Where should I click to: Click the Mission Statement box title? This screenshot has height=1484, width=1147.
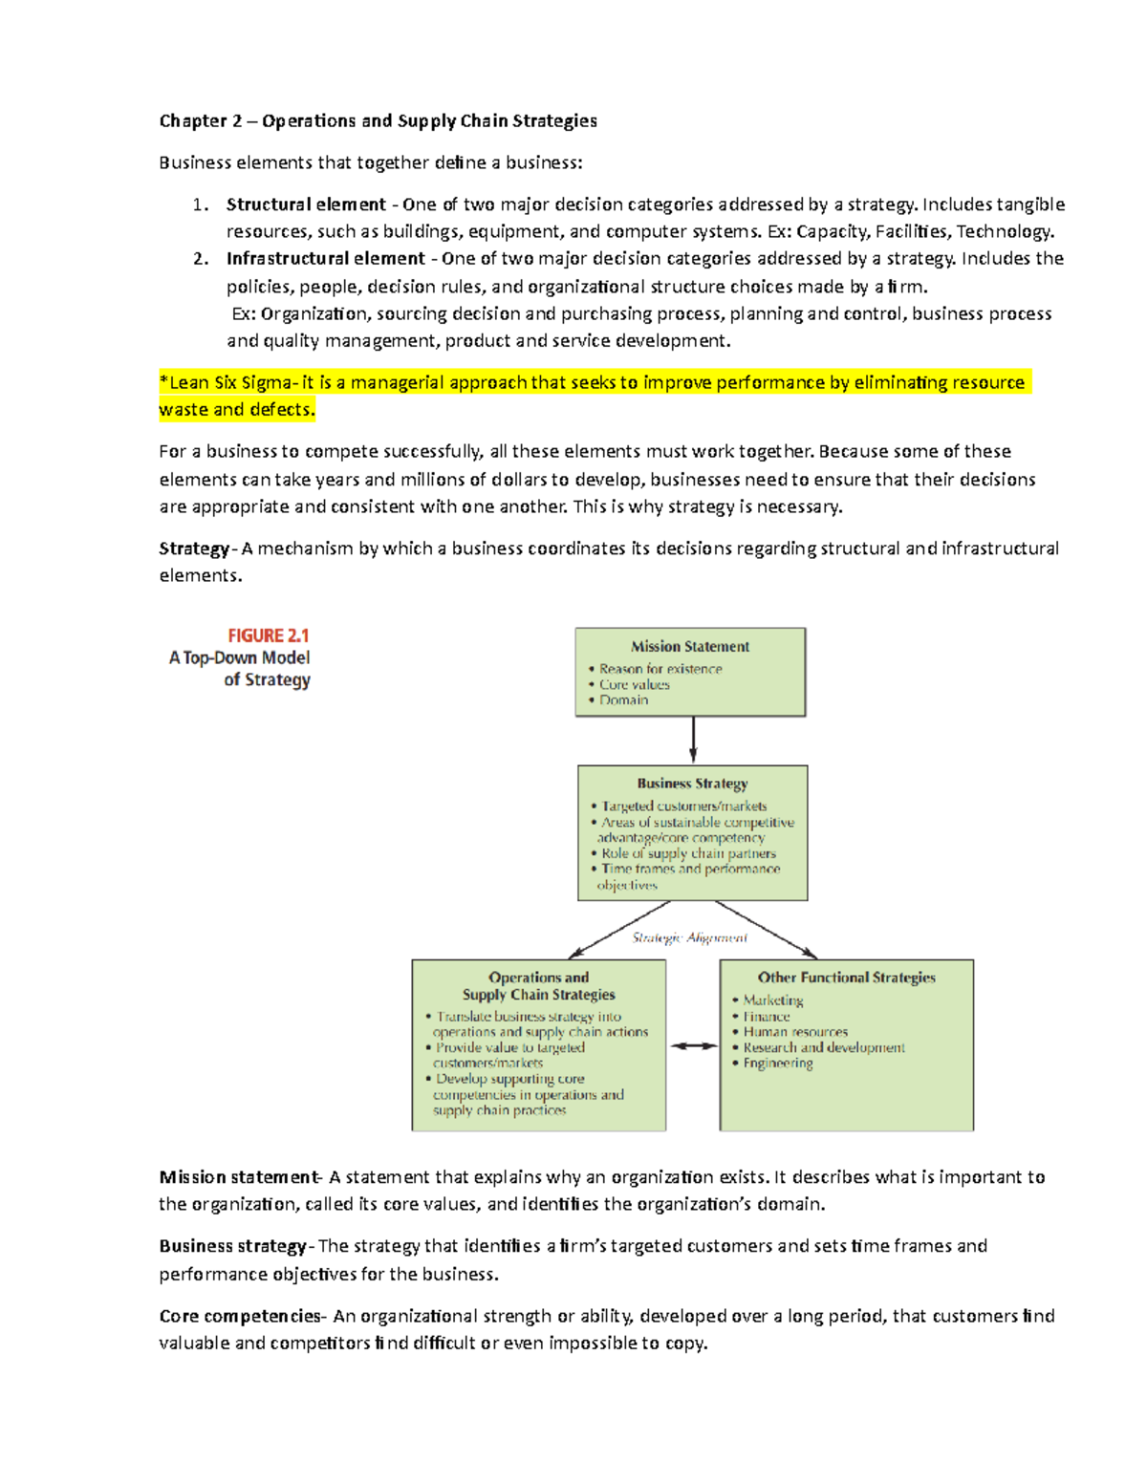coord(690,647)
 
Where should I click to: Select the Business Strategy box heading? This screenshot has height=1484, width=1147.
coord(692,784)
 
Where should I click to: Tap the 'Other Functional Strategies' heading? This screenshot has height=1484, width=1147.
coord(846,978)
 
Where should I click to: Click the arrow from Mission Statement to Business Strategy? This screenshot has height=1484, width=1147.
coord(693,740)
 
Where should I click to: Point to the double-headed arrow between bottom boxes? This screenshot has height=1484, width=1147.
coord(693,1046)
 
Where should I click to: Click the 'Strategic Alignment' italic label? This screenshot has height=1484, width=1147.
coord(689,938)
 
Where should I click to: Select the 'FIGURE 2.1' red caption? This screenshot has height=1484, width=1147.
coord(268,635)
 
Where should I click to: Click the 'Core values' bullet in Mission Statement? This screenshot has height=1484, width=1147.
coord(634,685)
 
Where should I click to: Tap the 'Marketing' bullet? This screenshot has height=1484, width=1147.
coord(772,1000)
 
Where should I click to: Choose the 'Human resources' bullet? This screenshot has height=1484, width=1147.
coord(795,1032)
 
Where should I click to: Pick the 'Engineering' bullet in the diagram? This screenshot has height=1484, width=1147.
coord(778,1064)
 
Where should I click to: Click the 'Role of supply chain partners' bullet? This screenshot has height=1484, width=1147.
coord(688,853)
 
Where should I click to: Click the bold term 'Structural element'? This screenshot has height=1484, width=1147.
coord(306,204)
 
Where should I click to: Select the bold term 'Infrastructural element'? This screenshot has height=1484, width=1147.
coord(325,259)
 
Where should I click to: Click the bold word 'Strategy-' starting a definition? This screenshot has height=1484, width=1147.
coord(195,549)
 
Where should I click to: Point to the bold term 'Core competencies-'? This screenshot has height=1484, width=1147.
coord(242,1317)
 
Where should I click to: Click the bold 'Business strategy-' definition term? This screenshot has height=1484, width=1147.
coord(233,1247)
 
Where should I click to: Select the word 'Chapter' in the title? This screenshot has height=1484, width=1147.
coord(192,121)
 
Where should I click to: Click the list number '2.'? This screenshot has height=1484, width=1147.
coord(201,259)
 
